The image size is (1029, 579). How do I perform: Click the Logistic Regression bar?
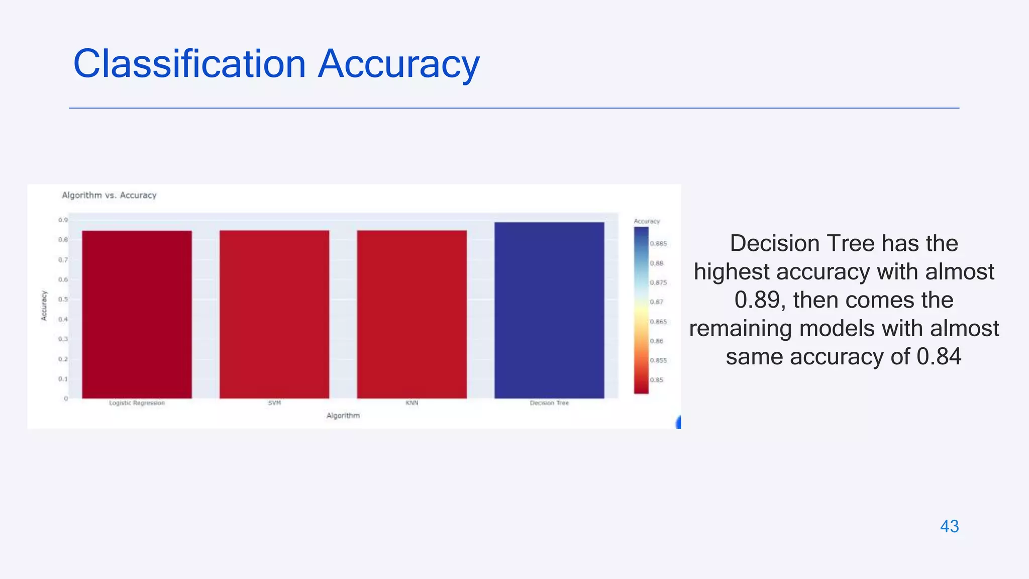[137, 315]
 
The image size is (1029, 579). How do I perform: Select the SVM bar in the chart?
[274, 315]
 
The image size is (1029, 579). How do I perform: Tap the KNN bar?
[411, 315]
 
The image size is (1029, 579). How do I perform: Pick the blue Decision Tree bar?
[549, 311]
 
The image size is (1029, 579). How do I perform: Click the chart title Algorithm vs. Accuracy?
[109, 196]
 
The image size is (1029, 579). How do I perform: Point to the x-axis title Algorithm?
[343, 416]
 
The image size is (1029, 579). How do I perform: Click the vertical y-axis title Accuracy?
[44, 306]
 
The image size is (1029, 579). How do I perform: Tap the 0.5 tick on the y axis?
[63, 300]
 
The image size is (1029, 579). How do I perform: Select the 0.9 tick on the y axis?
[63, 220]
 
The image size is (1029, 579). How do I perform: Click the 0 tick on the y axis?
[66, 399]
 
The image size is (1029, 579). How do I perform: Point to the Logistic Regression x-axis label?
[137, 403]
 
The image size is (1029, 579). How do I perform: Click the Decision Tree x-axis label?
[549, 403]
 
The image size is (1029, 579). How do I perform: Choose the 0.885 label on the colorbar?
[658, 244]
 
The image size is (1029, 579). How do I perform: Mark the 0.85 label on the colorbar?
[657, 380]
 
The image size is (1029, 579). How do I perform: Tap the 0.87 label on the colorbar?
[657, 302]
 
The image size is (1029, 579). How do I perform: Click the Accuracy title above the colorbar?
[647, 221]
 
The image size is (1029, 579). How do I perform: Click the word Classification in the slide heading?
[189, 64]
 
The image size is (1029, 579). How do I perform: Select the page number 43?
[949, 526]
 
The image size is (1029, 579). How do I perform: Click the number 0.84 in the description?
[939, 357]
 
